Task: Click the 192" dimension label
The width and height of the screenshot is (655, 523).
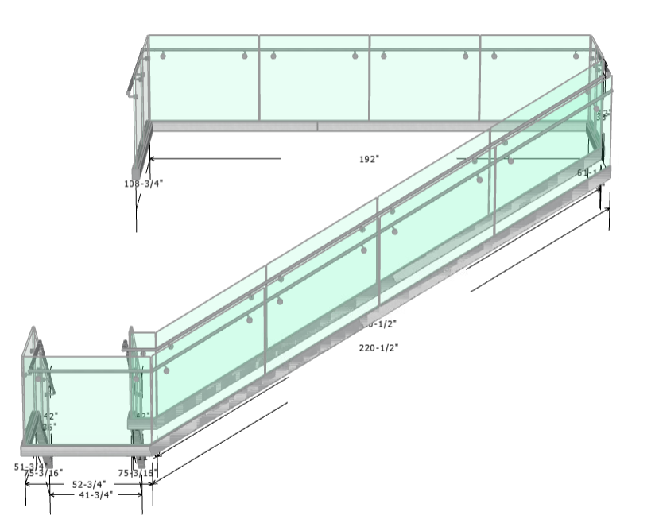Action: (369, 159)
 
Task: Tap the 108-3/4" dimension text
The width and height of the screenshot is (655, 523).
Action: (143, 183)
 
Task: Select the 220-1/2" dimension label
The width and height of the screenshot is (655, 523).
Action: (378, 347)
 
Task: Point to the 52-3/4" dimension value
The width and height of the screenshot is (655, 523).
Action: (89, 483)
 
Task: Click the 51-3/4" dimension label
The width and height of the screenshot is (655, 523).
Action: (29, 467)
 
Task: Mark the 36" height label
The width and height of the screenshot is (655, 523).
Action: (48, 427)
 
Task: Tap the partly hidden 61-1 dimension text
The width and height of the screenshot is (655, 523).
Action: (589, 172)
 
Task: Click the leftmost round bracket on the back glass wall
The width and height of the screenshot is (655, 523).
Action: (163, 56)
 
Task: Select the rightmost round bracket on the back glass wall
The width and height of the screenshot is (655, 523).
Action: (576, 56)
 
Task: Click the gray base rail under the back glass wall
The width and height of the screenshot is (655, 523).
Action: (318, 126)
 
